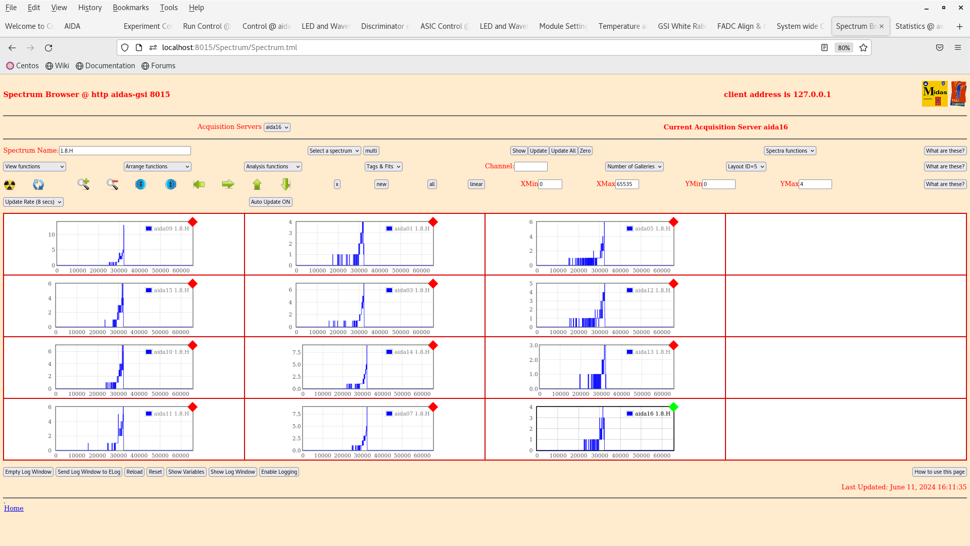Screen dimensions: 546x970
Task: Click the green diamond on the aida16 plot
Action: pos(673,407)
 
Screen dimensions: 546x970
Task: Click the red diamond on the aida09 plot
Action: pos(192,222)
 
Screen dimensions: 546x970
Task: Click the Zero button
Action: pos(585,151)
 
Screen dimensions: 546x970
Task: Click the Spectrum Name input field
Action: pos(125,151)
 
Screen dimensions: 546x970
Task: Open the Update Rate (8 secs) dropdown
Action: pos(33,202)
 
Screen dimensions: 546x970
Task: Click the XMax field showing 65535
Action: pos(627,184)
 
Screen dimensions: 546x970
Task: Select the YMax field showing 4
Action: pos(815,184)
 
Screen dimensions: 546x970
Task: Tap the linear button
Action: pos(476,184)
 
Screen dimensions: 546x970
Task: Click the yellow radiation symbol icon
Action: pos(10,185)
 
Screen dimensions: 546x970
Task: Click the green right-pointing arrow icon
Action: pos(228,184)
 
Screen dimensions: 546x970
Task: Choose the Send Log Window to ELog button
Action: pos(89,472)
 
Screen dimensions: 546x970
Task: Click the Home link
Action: pos(14,508)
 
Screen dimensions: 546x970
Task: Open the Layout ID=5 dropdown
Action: pos(746,166)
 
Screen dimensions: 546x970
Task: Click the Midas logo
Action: pos(935,94)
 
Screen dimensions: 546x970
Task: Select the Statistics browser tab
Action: pos(918,26)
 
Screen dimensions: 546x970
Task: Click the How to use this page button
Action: pos(939,472)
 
